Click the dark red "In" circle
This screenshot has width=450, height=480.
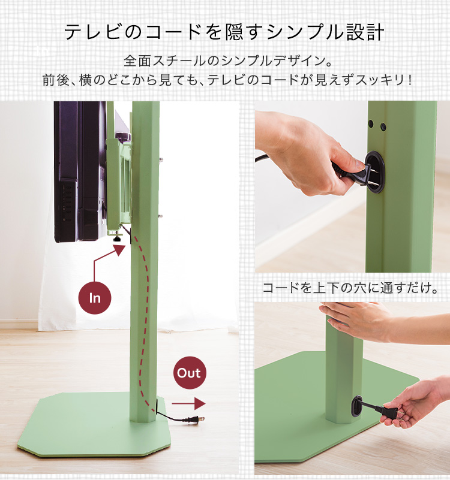click(x=95, y=298)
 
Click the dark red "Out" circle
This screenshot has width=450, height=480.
click(x=190, y=373)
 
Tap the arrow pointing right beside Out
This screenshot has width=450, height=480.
click(x=188, y=404)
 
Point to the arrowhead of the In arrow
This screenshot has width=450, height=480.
click(x=119, y=250)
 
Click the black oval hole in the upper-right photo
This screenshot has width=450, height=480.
click(x=374, y=172)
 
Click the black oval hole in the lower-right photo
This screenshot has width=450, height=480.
click(x=358, y=406)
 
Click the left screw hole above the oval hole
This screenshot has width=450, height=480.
click(x=371, y=124)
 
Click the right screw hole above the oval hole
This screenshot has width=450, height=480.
click(x=383, y=126)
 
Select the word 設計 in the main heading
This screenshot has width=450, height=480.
click(x=365, y=32)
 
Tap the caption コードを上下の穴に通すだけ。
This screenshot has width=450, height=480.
click(x=350, y=288)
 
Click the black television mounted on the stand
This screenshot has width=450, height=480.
click(x=80, y=171)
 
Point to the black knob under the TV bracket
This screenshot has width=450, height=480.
click(x=117, y=238)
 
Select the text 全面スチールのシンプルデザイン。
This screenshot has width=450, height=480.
click(x=228, y=61)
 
